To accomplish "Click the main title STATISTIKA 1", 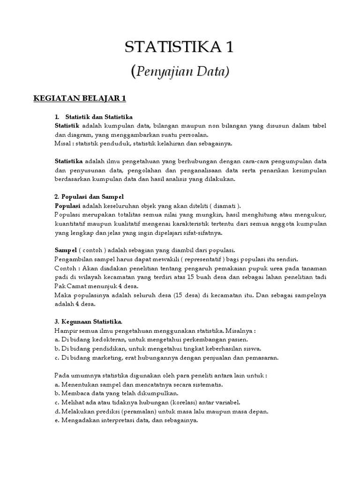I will tap(180, 47).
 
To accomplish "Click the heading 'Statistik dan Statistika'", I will tap(99, 116).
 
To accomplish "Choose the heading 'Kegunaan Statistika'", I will tap(89, 322).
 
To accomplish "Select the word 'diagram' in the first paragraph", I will tap(78, 134).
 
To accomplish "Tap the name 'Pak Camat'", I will tap(70, 285).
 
